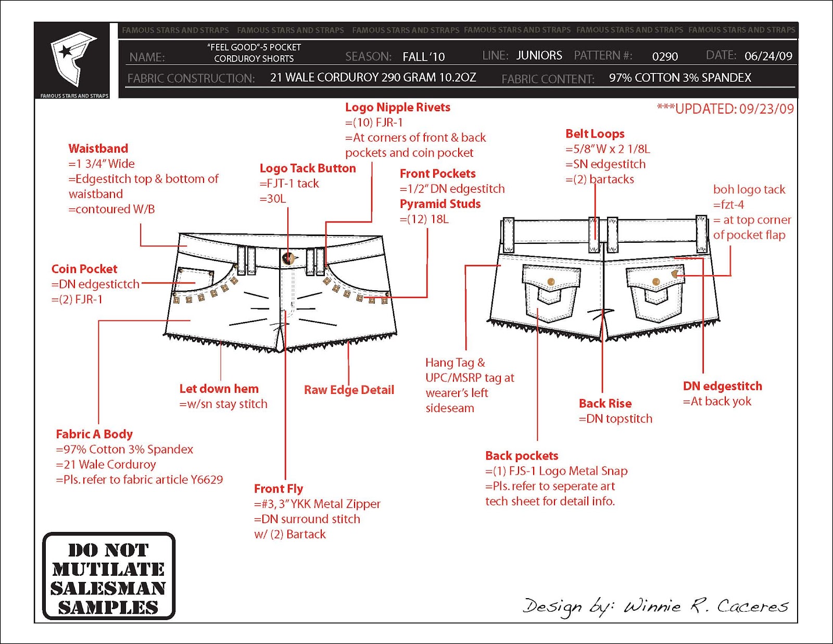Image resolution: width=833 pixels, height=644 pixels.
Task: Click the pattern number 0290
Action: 665,56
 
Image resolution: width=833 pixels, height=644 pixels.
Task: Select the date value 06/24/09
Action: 768,56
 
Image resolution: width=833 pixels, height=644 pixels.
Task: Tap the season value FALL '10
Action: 423,56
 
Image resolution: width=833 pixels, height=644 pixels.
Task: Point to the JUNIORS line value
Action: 539,55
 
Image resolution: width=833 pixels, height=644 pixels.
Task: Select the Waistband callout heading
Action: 98,148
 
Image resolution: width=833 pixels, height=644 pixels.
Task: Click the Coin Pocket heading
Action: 84,269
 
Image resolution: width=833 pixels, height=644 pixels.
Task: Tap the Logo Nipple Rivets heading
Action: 397,107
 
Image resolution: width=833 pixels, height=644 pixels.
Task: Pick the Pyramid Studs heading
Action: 440,204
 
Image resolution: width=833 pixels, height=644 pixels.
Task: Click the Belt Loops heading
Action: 595,134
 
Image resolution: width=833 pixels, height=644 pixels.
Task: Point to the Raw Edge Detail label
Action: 349,390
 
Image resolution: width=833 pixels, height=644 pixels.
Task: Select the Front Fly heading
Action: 278,489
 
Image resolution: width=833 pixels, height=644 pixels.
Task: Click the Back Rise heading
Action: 605,403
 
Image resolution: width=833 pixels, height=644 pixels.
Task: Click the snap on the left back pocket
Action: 551,282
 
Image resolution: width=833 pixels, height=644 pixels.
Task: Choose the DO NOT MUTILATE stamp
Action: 108,576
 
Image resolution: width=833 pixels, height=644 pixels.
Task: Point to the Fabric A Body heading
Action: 94,434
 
